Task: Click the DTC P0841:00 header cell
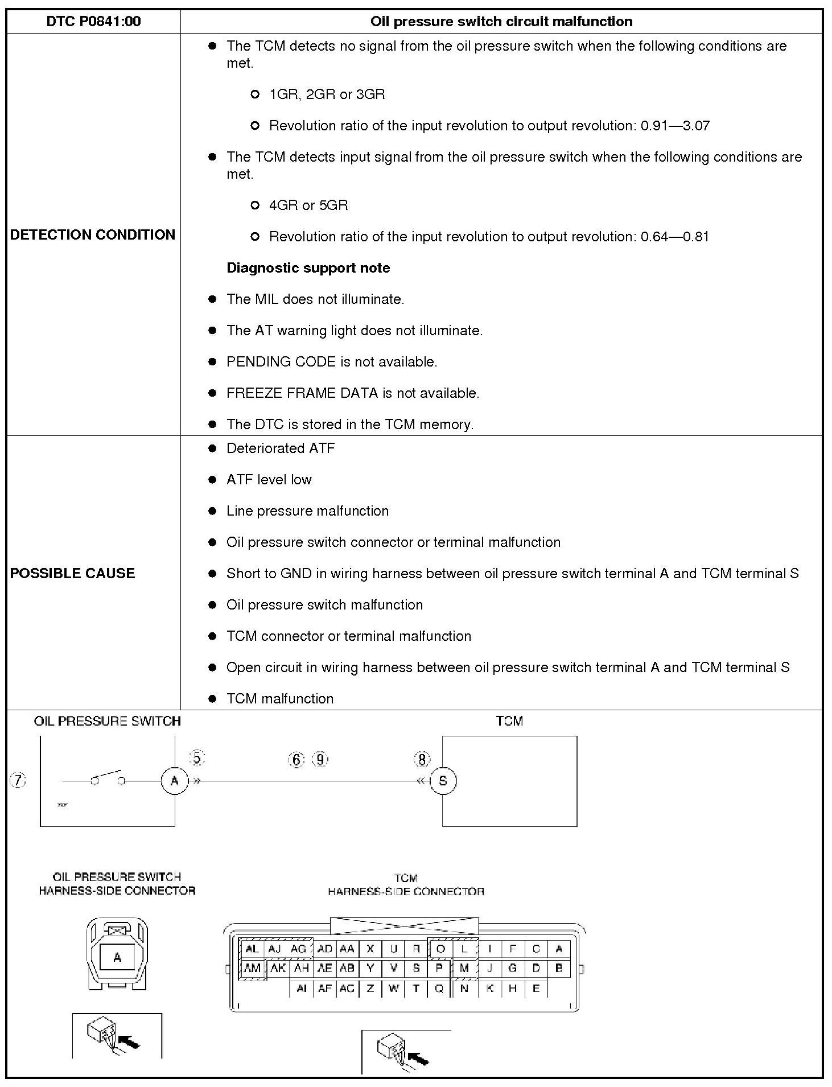pos(93,22)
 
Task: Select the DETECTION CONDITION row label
pos(93,234)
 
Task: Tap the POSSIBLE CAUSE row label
pos(72,573)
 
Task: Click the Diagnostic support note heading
pos(308,268)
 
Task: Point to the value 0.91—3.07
pos(675,126)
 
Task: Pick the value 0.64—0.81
pos(675,237)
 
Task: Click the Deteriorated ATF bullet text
pos(281,448)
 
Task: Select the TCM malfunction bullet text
pos(280,699)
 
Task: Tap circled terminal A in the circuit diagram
pos(174,781)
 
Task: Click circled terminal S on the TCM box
pos(443,781)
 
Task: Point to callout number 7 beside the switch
pos(18,781)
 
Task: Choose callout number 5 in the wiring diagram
pos(197,759)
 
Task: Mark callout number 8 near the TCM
pos(422,760)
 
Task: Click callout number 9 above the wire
pos(320,759)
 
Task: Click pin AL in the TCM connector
pos(252,949)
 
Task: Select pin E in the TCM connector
pos(536,989)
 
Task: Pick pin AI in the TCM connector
pos(302,989)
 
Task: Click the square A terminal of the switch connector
pos(117,957)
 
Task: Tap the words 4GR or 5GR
pos(308,205)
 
